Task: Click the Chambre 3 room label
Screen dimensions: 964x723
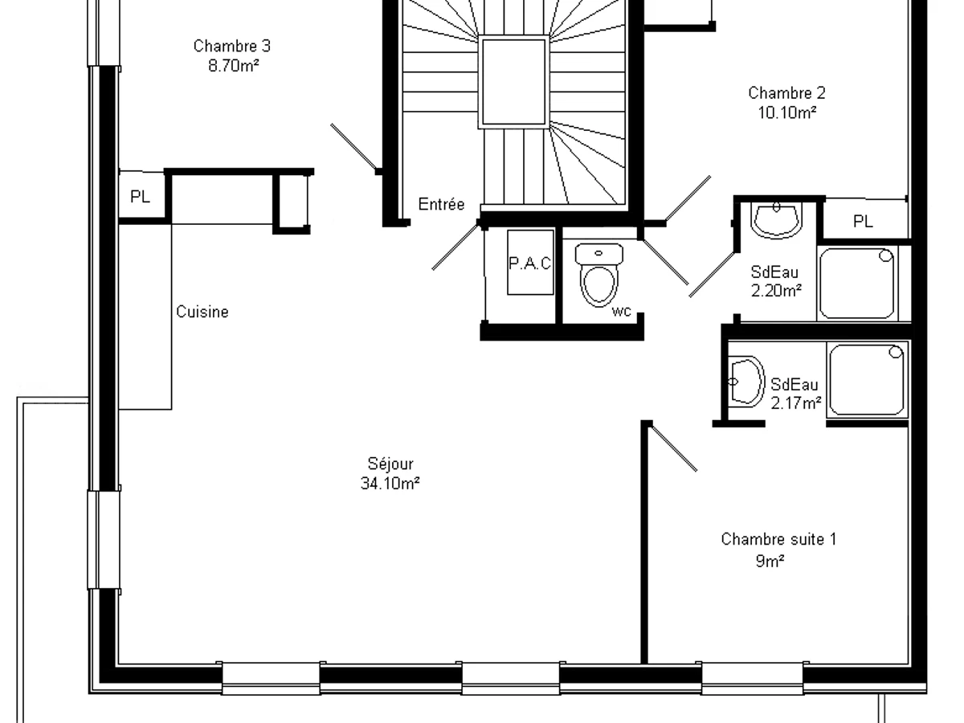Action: pos(232,46)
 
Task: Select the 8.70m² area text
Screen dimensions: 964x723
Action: pos(234,66)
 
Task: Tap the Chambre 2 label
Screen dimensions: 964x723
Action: pos(786,93)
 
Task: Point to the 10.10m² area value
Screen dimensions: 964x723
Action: pos(787,112)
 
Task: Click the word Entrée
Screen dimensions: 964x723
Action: pos(441,204)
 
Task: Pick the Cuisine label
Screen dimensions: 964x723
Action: pos(202,312)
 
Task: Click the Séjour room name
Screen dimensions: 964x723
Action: pos(390,464)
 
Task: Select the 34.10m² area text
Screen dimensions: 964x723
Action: pos(390,484)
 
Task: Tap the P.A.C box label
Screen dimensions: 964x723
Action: pos(530,263)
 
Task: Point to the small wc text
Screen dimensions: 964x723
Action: pos(622,311)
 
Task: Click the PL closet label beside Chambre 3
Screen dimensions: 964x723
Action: pos(141,196)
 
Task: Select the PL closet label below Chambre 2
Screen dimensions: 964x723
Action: pos(863,221)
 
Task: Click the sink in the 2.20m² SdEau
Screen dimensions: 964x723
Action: pos(777,220)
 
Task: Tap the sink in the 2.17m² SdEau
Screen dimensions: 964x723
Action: pos(745,382)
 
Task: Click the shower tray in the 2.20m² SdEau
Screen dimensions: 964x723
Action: pos(857,283)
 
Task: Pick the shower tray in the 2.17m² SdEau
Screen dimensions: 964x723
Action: pos(867,380)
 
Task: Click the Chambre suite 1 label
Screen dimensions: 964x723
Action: pos(778,540)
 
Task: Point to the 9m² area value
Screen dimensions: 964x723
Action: pos(770,561)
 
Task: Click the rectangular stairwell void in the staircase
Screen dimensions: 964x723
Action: pos(514,82)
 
